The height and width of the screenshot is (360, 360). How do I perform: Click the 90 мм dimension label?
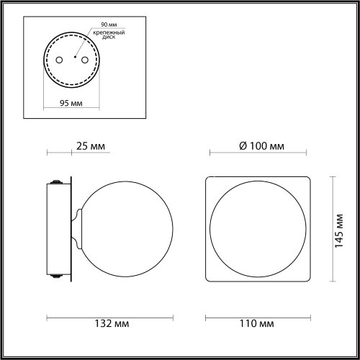coord(109,24)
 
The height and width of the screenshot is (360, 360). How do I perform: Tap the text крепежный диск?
coord(109,35)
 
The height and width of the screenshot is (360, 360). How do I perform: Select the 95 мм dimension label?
coord(71,103)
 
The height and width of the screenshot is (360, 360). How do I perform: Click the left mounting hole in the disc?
coord(59,60)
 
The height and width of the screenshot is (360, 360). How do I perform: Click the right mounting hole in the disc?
coord(85,60)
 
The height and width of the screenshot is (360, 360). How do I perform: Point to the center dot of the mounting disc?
coord(75,57)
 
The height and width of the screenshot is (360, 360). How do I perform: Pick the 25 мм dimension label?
coord(91,146)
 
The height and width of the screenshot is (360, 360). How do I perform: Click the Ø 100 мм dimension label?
coord(261,146)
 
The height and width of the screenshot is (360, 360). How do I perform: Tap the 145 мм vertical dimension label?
coord(339,230)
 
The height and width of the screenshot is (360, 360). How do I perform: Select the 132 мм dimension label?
coord(112,323)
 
